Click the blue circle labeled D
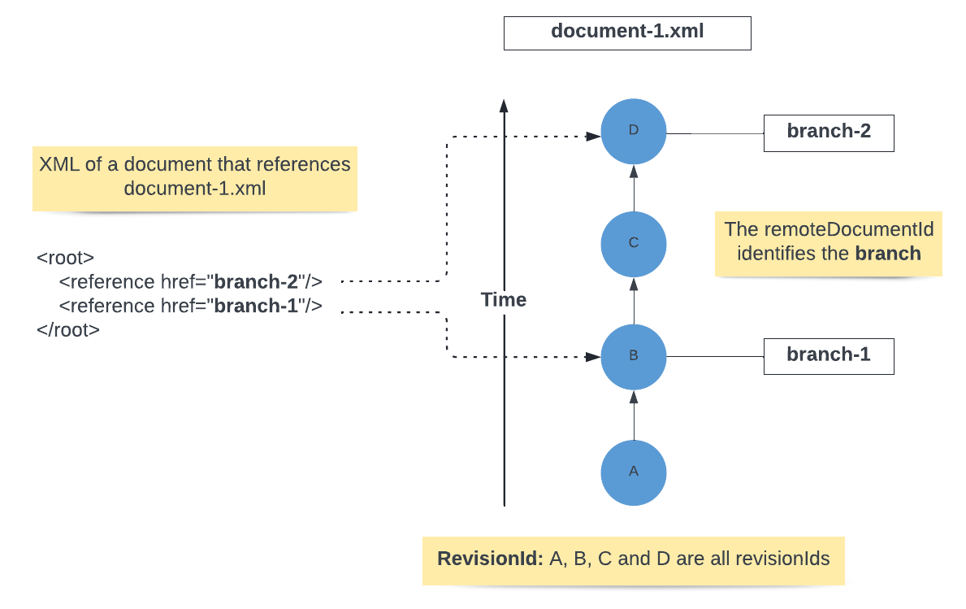pos(634,132)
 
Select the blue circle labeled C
pos(634,243)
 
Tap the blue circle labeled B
pos(634,355)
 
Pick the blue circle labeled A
pos(634,472)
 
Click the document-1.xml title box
pos(627,33)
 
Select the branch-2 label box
pos(829,133)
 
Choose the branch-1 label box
pos(829,355)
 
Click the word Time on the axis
pos(504,300)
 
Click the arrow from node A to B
pos(634,415)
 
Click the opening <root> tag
pos(66,259)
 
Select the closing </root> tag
pos(68,330)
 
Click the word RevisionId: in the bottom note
pos(490,559)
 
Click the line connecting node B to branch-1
pos(715,356)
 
